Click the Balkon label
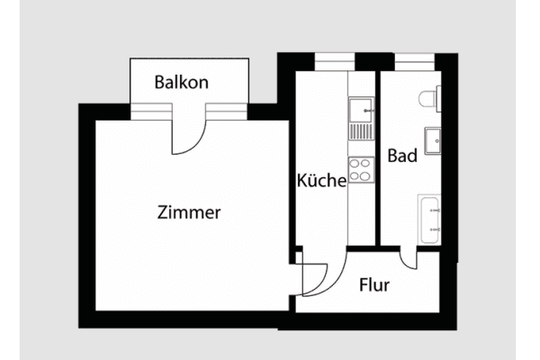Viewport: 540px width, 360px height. coord(181,82)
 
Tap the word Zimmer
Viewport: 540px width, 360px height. coord(189,213)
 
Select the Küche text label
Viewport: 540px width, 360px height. coord(321,181)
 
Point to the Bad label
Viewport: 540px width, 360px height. coord(401,156)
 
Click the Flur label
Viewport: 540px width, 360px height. coord(373,285)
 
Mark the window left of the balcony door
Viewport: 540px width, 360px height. coord(150,111)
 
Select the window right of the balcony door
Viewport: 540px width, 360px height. coord(227,111)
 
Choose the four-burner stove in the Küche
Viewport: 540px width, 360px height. coord(361,168)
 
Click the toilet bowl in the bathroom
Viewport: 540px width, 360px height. coord(426,96)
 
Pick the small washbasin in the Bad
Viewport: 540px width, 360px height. coord(432,139)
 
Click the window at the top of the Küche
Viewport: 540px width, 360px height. coord(334,60)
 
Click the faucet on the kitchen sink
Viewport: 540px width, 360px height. coord(370,111)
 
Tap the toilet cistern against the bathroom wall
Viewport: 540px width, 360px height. coord(437,96)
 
